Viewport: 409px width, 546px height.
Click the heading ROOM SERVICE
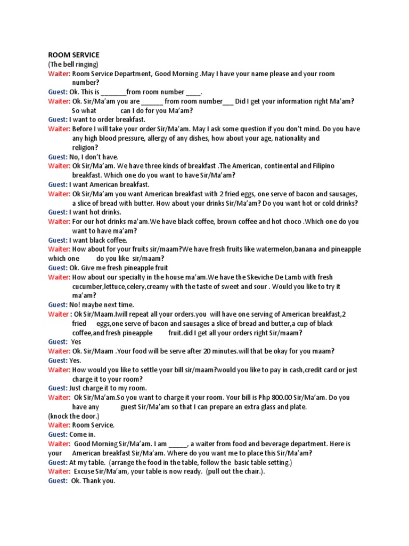tap(73, 55)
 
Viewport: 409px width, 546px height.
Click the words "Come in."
tap(84, 435)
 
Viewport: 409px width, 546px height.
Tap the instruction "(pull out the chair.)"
tap(235, 471)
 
